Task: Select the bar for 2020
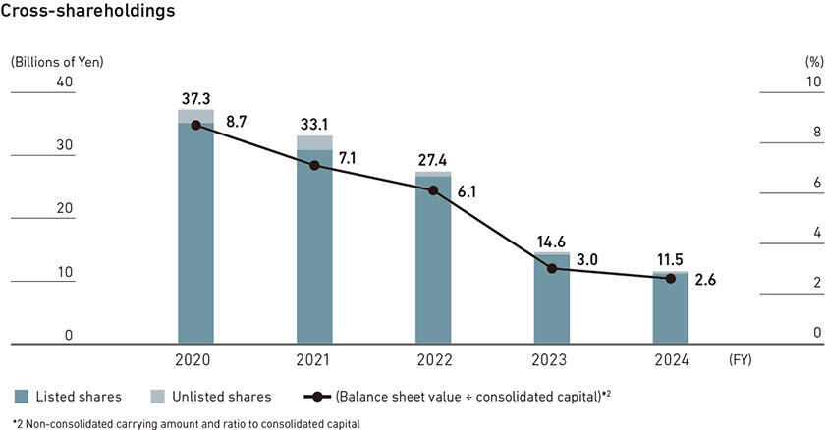pyautogui.click(x=195, y=231)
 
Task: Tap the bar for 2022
pyautogui.click(x=433, y=260)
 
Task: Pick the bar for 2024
pyautogui.click(x=671, y=309)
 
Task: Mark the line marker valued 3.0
pyautogui.click(x=552, y=268)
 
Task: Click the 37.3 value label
pyautogui.click(x=195, y=98)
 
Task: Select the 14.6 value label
pyautogui.click(x=552, y=242)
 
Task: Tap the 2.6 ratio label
pyautogui.click(x=706, y=280)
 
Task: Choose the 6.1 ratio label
pyautogui.click(x=467, y=191)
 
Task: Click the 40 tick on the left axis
pyautogui.click(x=65, y=81)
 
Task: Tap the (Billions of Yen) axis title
pyautogui.click(x=57, y=61)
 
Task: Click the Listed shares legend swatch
pyautogui.click(x=21, y=397)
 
